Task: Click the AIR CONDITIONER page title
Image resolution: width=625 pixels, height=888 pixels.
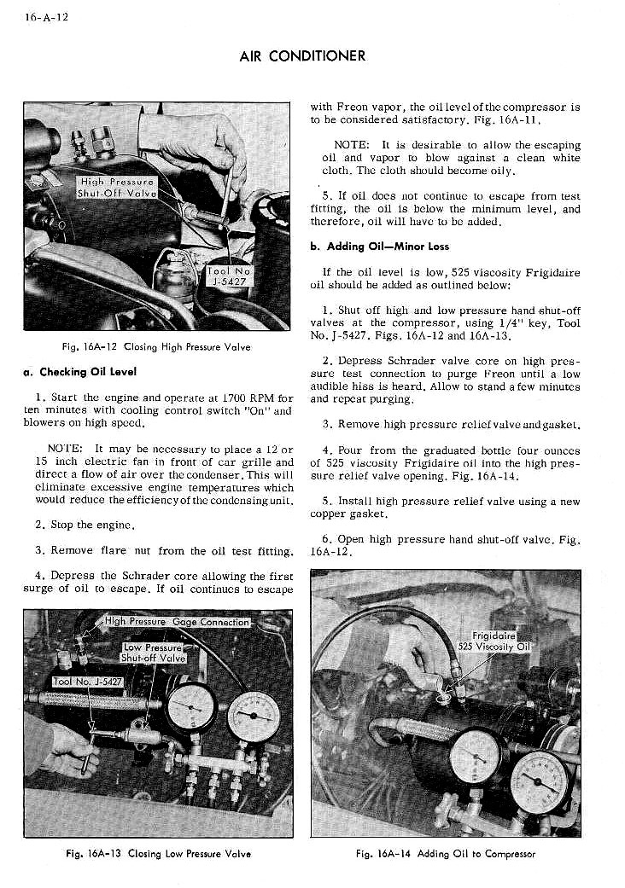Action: pos(302,56)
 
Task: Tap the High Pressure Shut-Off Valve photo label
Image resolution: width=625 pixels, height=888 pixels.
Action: pos(116,187)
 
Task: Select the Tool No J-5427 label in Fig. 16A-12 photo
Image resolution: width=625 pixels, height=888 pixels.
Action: pos(229,275)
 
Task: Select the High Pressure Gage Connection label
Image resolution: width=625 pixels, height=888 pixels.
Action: pos(177,622)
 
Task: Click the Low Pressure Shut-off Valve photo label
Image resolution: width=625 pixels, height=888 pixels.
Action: pos(154,653)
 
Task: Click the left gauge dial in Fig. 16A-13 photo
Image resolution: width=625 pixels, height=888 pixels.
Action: pos(192,707)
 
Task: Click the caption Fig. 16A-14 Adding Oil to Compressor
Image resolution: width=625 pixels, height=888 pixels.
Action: pos(445,853)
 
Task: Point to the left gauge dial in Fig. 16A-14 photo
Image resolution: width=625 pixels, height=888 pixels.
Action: pos(475,755)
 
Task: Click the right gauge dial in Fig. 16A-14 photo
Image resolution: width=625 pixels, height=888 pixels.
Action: pos(540,781)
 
